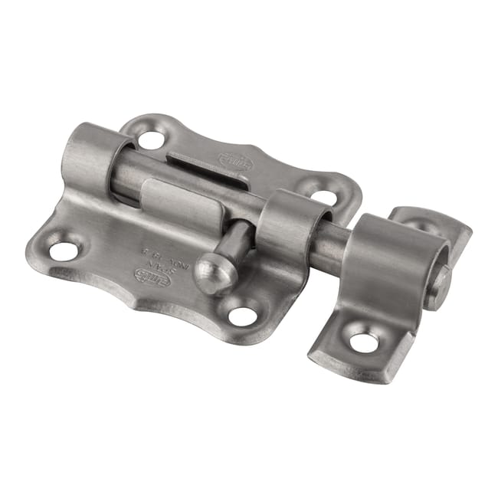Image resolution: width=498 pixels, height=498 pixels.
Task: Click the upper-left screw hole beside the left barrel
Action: (151, 139)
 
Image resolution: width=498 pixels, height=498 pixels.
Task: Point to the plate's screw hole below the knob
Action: (244, 315)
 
